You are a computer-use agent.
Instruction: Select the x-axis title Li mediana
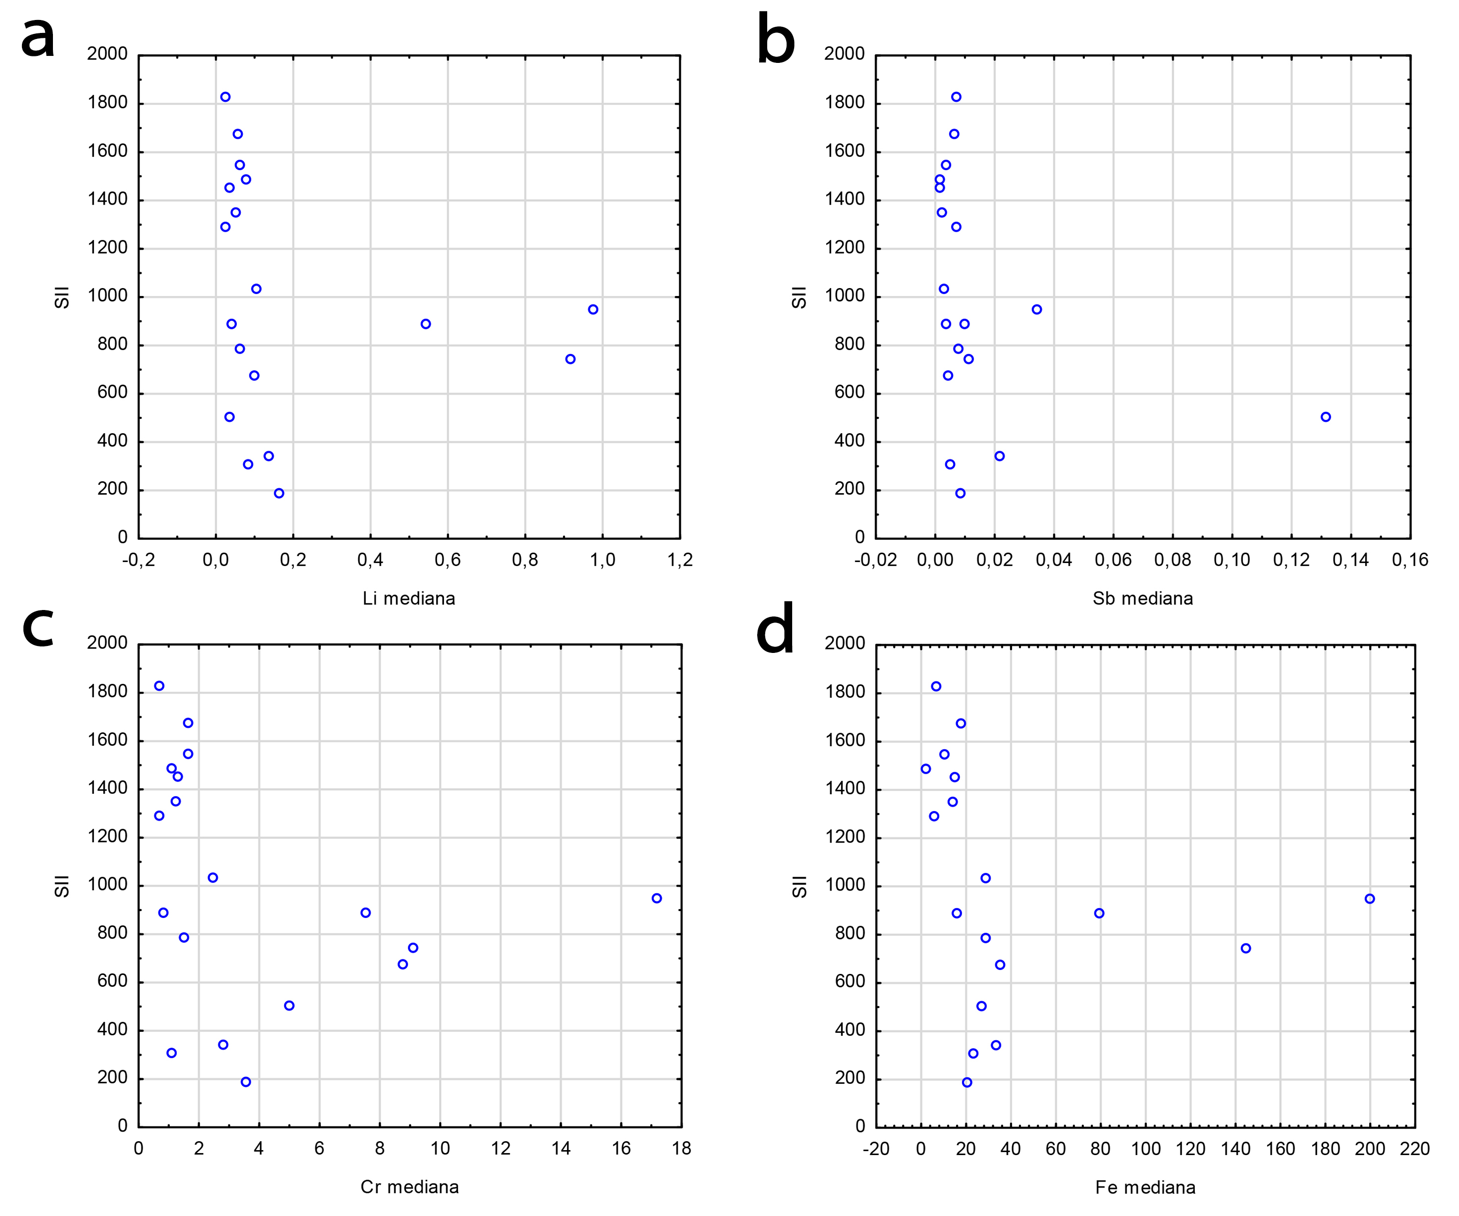[409, 599]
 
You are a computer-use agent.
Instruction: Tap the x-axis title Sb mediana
[1142, 599]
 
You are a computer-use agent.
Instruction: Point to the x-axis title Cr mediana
[409, 1187]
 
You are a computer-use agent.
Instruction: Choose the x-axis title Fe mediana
[1145, 1188]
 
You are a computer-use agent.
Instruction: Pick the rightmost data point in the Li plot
[592, 309]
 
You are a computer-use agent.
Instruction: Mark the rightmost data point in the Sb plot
[1326, 417]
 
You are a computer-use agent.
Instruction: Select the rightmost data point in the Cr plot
[656, 899]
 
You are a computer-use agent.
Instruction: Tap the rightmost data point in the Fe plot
[1370, 899]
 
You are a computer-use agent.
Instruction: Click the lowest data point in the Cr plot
[246, 1082]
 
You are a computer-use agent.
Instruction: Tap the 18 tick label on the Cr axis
[682, 1149]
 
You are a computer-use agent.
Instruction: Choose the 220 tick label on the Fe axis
[1415, 1149]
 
